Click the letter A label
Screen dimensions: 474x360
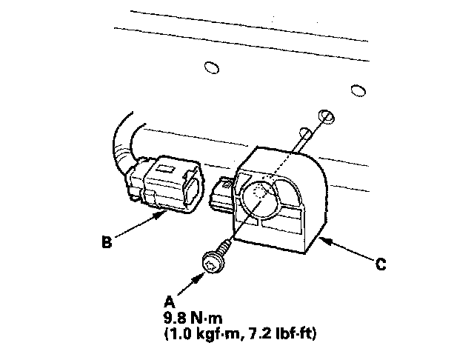168,301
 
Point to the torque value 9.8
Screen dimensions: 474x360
176,318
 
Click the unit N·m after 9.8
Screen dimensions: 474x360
207,318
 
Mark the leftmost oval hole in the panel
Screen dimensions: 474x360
211,68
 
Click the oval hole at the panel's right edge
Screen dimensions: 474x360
359,90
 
